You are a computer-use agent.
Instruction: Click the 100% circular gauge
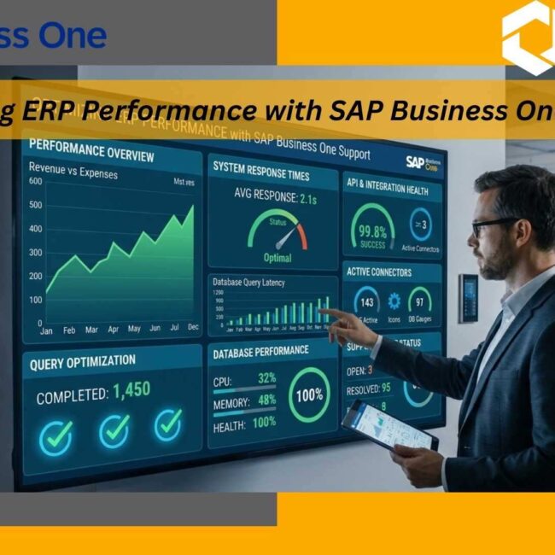pos(308,395)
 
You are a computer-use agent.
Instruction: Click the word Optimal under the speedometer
pos(277,258)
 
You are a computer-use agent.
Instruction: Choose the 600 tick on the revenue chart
pos(35,181)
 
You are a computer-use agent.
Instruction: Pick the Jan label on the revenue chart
pos(46,330)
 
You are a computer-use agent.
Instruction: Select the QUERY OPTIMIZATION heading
pos(83,361)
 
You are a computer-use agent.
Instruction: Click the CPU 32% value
pos(266,378)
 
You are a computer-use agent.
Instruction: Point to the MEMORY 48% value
pos(266,400)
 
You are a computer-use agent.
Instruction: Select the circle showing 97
pos(419,301)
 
